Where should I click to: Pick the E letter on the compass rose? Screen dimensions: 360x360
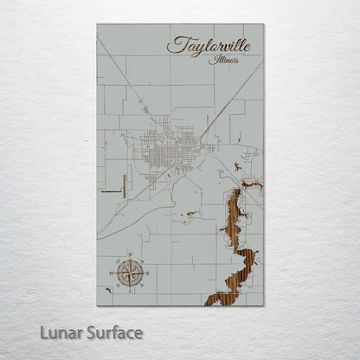pos(139,273)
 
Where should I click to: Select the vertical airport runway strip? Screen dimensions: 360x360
pos(125,187)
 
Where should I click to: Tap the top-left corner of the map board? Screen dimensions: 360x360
pos(98,25)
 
